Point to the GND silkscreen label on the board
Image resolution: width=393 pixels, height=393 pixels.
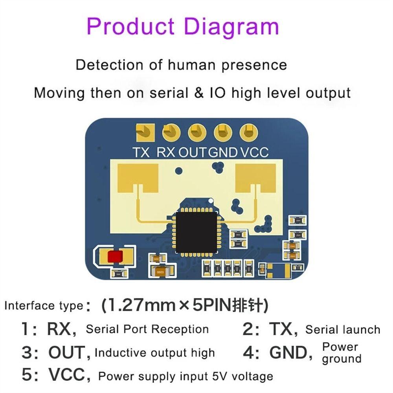[x=223, y=152]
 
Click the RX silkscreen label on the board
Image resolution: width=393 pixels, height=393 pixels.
[x=166, y=152]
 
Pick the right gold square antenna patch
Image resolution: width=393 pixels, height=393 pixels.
[x=255, y=178]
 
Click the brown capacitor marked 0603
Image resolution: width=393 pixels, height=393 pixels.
[x=160, y=271]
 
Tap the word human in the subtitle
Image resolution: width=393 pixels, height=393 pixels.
[x=192, y=65]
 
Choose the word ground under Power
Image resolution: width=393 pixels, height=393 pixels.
[x=342, y=359]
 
